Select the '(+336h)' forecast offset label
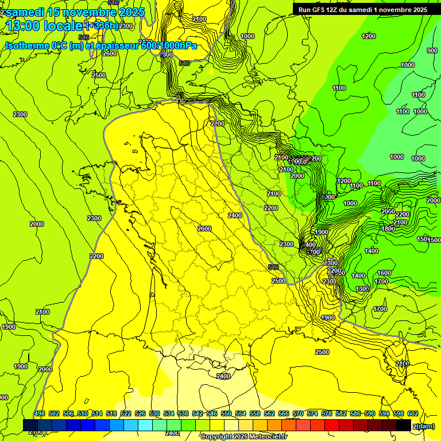click(102, 26)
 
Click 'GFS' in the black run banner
click(319, 10)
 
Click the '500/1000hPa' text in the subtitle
click(169, 46)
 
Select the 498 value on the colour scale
click(40, 413)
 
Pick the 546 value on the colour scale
click(212, 413)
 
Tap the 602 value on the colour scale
click(412, 413)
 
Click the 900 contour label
click(432, 51)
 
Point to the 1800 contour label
click(388, 229)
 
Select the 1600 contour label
click(384, 273)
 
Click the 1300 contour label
click(362, 289)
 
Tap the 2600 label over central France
click(204, 229)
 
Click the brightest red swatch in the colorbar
click(332, 425)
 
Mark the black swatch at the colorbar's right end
click(403, 425)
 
